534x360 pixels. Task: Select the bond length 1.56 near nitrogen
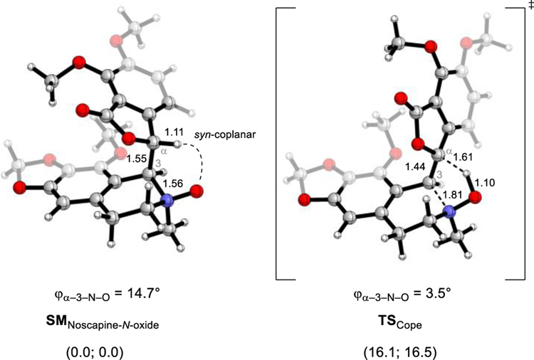(x=172, y=184)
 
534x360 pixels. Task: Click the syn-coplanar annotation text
(x=218, y=133)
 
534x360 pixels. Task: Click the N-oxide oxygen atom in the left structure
(x=197, y=191)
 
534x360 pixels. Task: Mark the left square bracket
(x=279, y=142)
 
